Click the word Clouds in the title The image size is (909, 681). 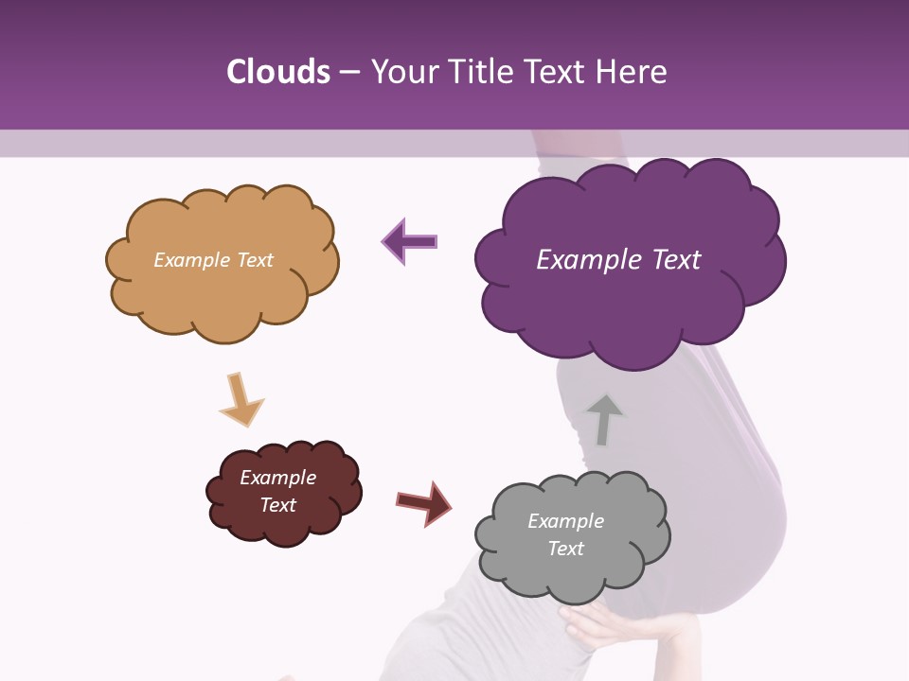click(x=277, y=72)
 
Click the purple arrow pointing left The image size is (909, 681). click(x=409, y=242)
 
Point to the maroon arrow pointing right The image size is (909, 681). click(x=423, y=502)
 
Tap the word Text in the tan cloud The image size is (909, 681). click(x=254, y=260)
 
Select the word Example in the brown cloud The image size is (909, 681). click(x=277, y=478)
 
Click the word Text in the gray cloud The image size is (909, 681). click(x=565, y=549)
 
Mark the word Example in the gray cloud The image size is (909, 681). click(x=565, y=521)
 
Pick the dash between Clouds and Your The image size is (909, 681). click(x=348, y=72)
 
